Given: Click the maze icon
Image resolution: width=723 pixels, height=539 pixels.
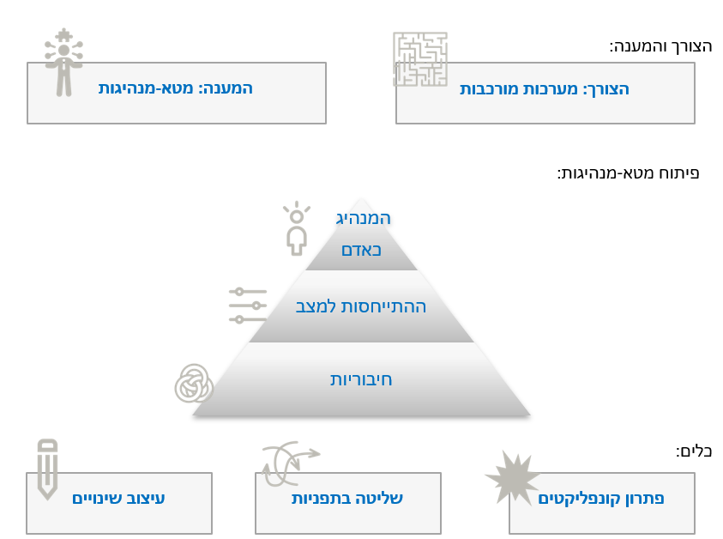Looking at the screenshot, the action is [420, 59].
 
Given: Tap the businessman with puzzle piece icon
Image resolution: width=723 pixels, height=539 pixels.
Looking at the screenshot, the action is [63, 63].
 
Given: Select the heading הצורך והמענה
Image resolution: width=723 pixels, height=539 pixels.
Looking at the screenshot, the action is [660, 46].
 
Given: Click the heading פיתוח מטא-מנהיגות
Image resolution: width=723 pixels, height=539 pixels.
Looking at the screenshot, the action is [629, 173].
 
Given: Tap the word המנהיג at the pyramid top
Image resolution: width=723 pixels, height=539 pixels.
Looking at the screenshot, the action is [364, 218].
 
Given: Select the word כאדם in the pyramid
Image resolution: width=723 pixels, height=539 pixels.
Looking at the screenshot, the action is [362, 250].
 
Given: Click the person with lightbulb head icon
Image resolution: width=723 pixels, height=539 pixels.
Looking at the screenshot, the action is [297, 228].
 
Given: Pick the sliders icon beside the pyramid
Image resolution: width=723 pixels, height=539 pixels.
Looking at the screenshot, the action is [248, 306].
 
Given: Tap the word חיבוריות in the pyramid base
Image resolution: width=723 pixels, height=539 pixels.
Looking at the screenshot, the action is [361, 379].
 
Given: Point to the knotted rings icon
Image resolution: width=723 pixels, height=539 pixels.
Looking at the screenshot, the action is [194, 384].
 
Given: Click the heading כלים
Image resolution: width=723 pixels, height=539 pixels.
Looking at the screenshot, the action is [694, 451].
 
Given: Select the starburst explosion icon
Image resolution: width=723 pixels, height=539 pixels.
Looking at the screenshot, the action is [512, 477].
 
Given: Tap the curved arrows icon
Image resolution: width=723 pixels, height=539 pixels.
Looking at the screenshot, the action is [291, 463].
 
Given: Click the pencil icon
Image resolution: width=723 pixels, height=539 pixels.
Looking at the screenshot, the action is [47, 469].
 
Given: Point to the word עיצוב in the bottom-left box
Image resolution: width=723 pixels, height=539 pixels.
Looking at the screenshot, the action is [145, 499].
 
